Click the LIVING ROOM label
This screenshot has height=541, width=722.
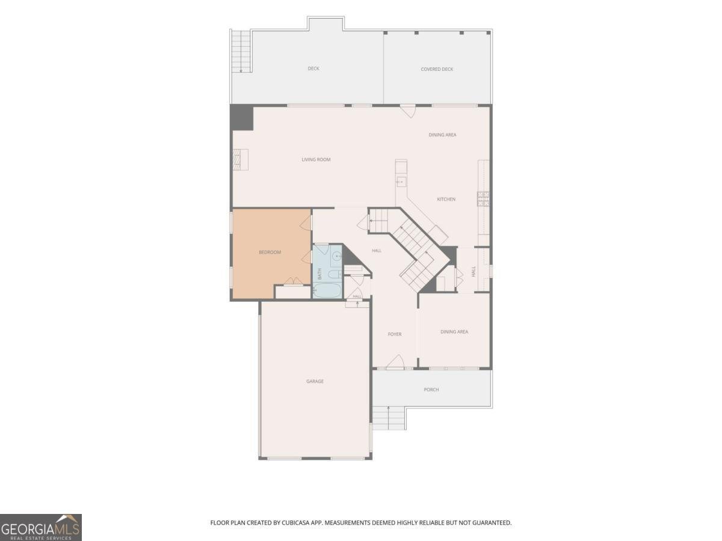click(x=316, y=160)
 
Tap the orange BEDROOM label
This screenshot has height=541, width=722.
click(x=270, y=252)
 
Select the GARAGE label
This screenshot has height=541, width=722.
click(x=315, y=381)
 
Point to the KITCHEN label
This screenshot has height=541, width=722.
click(x=446, y=200)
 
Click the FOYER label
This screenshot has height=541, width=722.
click(x=394, y=334)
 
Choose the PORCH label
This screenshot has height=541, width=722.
click(x=431, y=390)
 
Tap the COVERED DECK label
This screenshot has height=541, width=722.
click(x=437, y=69)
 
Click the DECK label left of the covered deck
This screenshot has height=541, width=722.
click(x=313, y=69)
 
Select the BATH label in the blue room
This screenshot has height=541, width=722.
click(x=319, y=274)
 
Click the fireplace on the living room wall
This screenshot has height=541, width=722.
click(x=241, y=160)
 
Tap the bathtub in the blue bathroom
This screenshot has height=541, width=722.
click(x=327, y=290)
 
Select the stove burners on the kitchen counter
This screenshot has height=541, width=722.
click(x=483, y=199)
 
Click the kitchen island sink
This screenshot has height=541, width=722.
click(x=401, y=182)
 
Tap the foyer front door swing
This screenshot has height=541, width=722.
click(x=395, y=361)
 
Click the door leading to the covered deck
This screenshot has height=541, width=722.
click(x=408, y=111)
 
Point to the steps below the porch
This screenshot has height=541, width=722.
click(x=389, y=418)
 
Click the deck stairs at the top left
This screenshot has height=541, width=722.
click(x=241, y=51)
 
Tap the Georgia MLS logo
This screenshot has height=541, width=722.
click(x=41, y=528)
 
